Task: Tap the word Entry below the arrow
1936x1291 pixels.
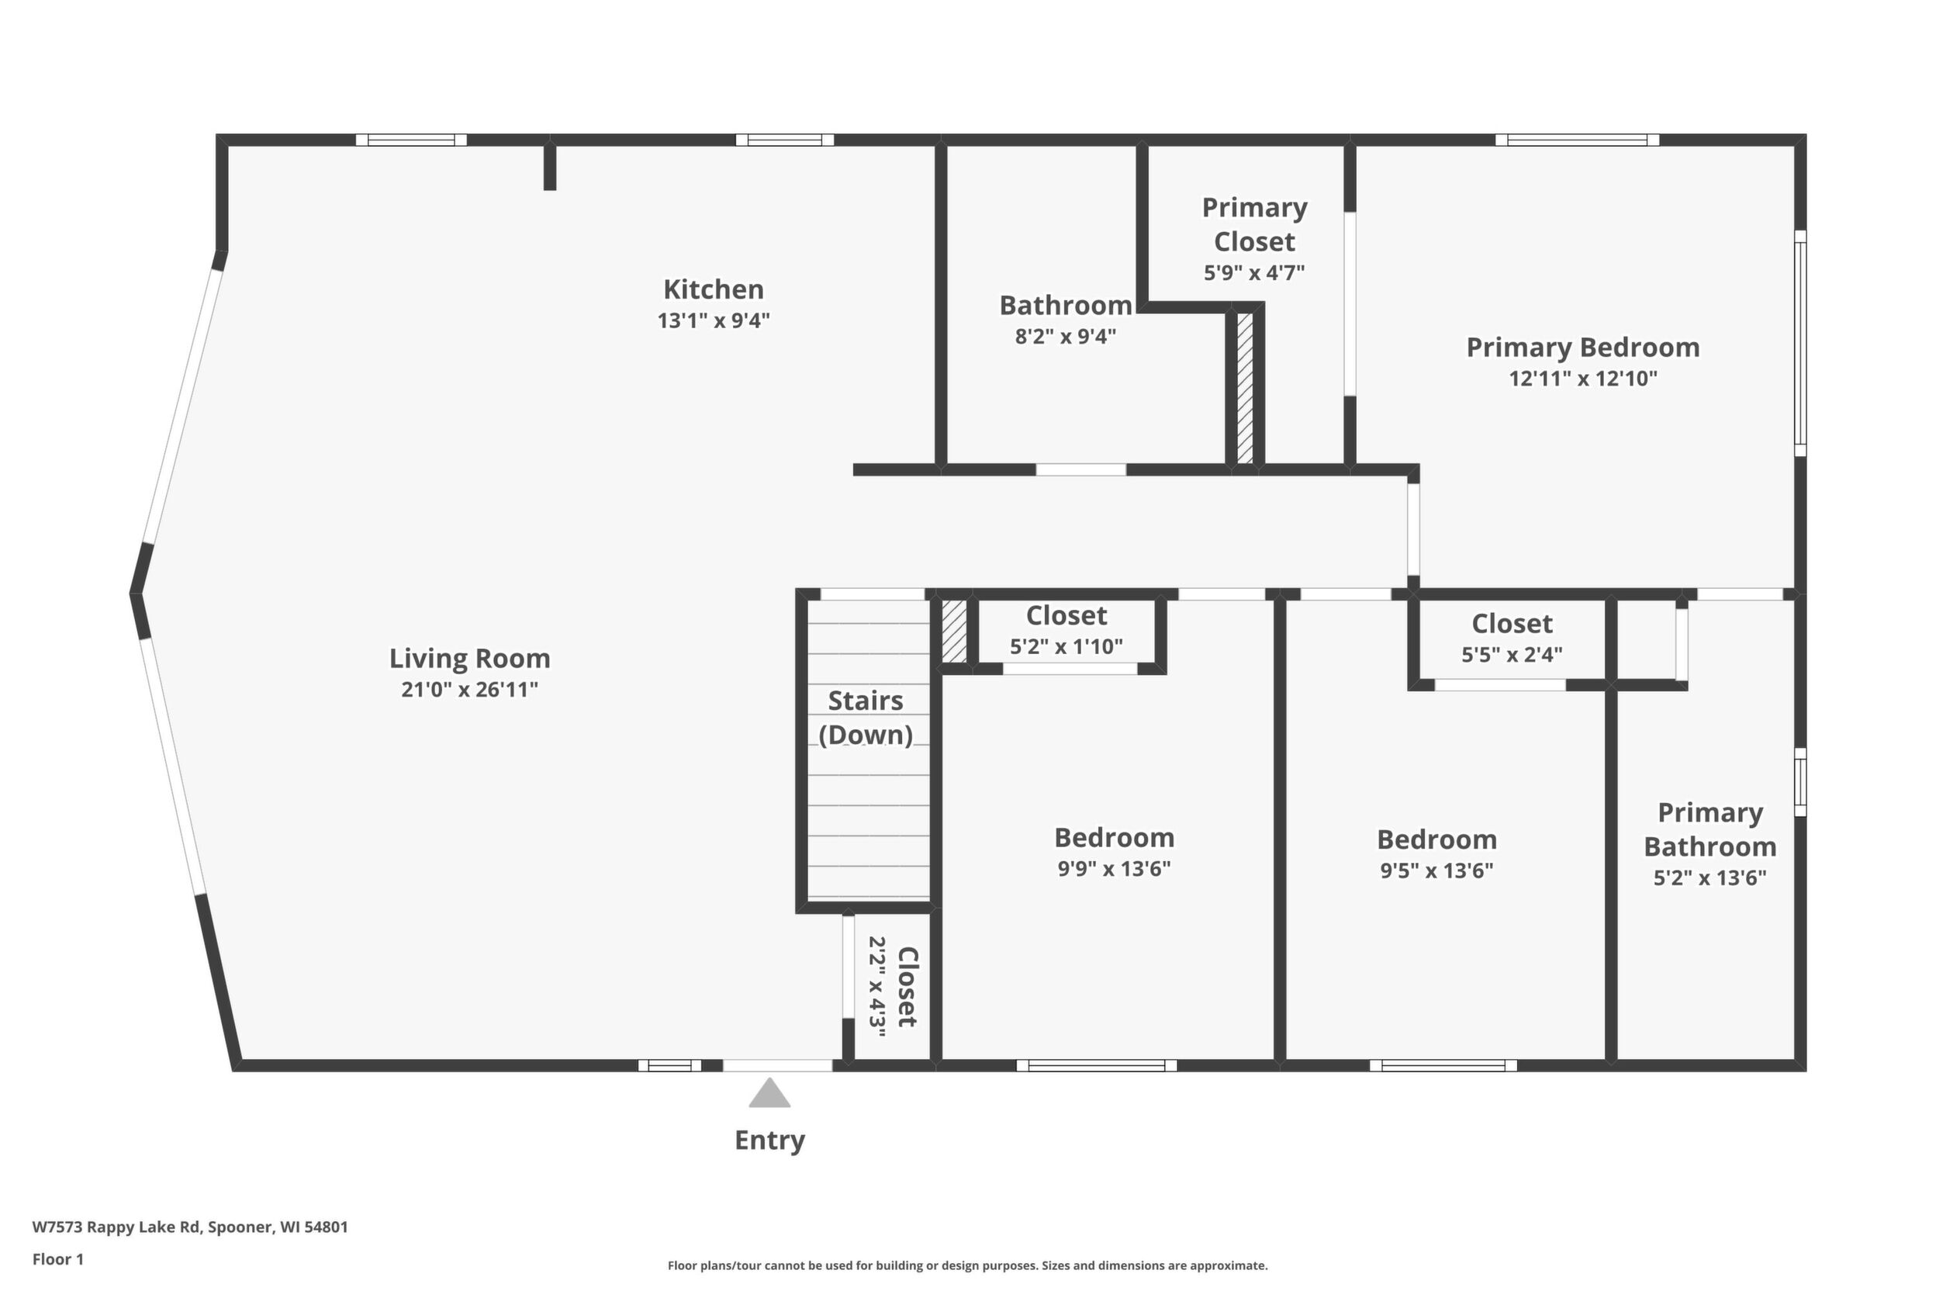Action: point(769,1140)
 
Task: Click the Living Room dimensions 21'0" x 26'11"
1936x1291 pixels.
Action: point(469,689)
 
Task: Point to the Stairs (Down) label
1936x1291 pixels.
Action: point(866,717)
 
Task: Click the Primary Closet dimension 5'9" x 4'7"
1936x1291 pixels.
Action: point(1254,272)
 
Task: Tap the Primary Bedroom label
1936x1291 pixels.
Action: point(1583,348)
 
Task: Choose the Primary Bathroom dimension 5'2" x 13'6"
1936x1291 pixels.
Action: point(1710,877)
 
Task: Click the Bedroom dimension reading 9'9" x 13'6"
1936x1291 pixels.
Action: point(1114,869)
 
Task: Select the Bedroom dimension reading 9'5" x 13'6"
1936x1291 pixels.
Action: point(1436,870)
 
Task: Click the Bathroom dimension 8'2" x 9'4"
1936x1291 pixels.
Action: point(1065,337)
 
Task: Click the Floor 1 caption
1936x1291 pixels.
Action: point(57,1259)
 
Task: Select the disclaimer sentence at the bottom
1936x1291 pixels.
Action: point(967,1265)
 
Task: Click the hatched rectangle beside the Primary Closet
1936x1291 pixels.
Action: point(1245,388)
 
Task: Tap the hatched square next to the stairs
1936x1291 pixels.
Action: point(953,631)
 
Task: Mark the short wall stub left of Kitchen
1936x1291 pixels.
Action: point(550,167)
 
